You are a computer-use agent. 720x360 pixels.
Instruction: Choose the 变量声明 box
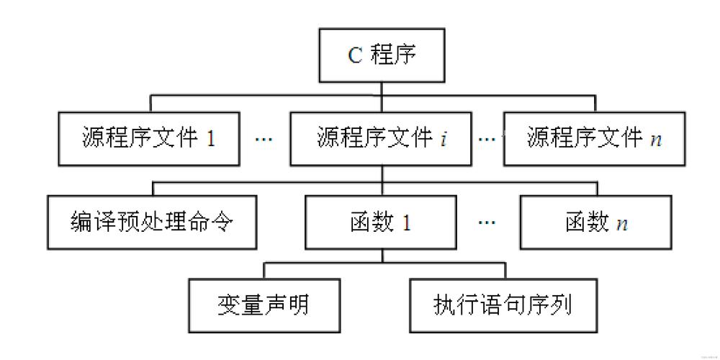pos(263,305)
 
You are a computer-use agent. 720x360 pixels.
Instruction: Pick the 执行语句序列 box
pos(503,305)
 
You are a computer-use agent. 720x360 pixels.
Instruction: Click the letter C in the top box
pos(355,56)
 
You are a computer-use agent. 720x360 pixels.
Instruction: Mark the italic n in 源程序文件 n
pos(655,139)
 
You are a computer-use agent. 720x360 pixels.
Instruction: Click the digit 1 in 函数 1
pos(407,222)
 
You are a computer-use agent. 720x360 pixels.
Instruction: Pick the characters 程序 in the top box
pos(393,56)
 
